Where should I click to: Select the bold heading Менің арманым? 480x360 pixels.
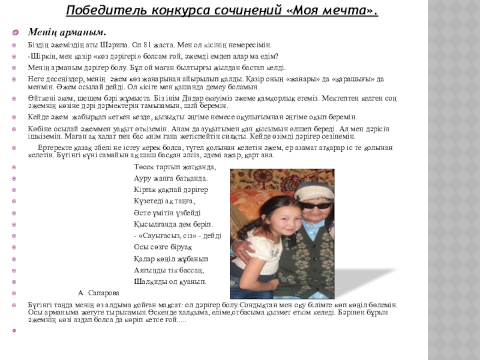click(x=67, y=32)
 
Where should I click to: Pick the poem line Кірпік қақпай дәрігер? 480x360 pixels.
click(x=171, y=190)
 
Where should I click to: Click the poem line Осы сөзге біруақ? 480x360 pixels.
click(x=163, y=247)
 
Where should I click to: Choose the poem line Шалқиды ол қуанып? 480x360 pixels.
click(x=170, y=281)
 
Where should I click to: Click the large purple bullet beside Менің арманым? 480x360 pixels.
click(x=16, y=32)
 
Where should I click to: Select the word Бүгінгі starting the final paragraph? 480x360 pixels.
click(x=40, y=305)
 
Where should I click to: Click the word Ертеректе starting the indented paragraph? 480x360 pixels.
click(x=55, y=148)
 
